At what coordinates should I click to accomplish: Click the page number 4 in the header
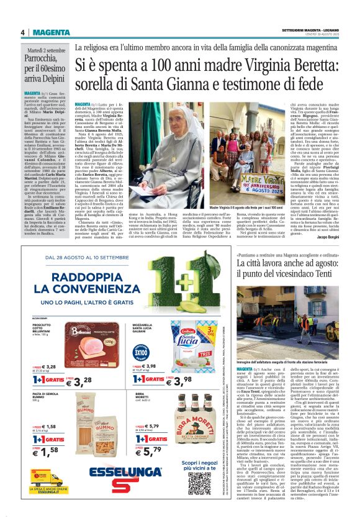point(22,32)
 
